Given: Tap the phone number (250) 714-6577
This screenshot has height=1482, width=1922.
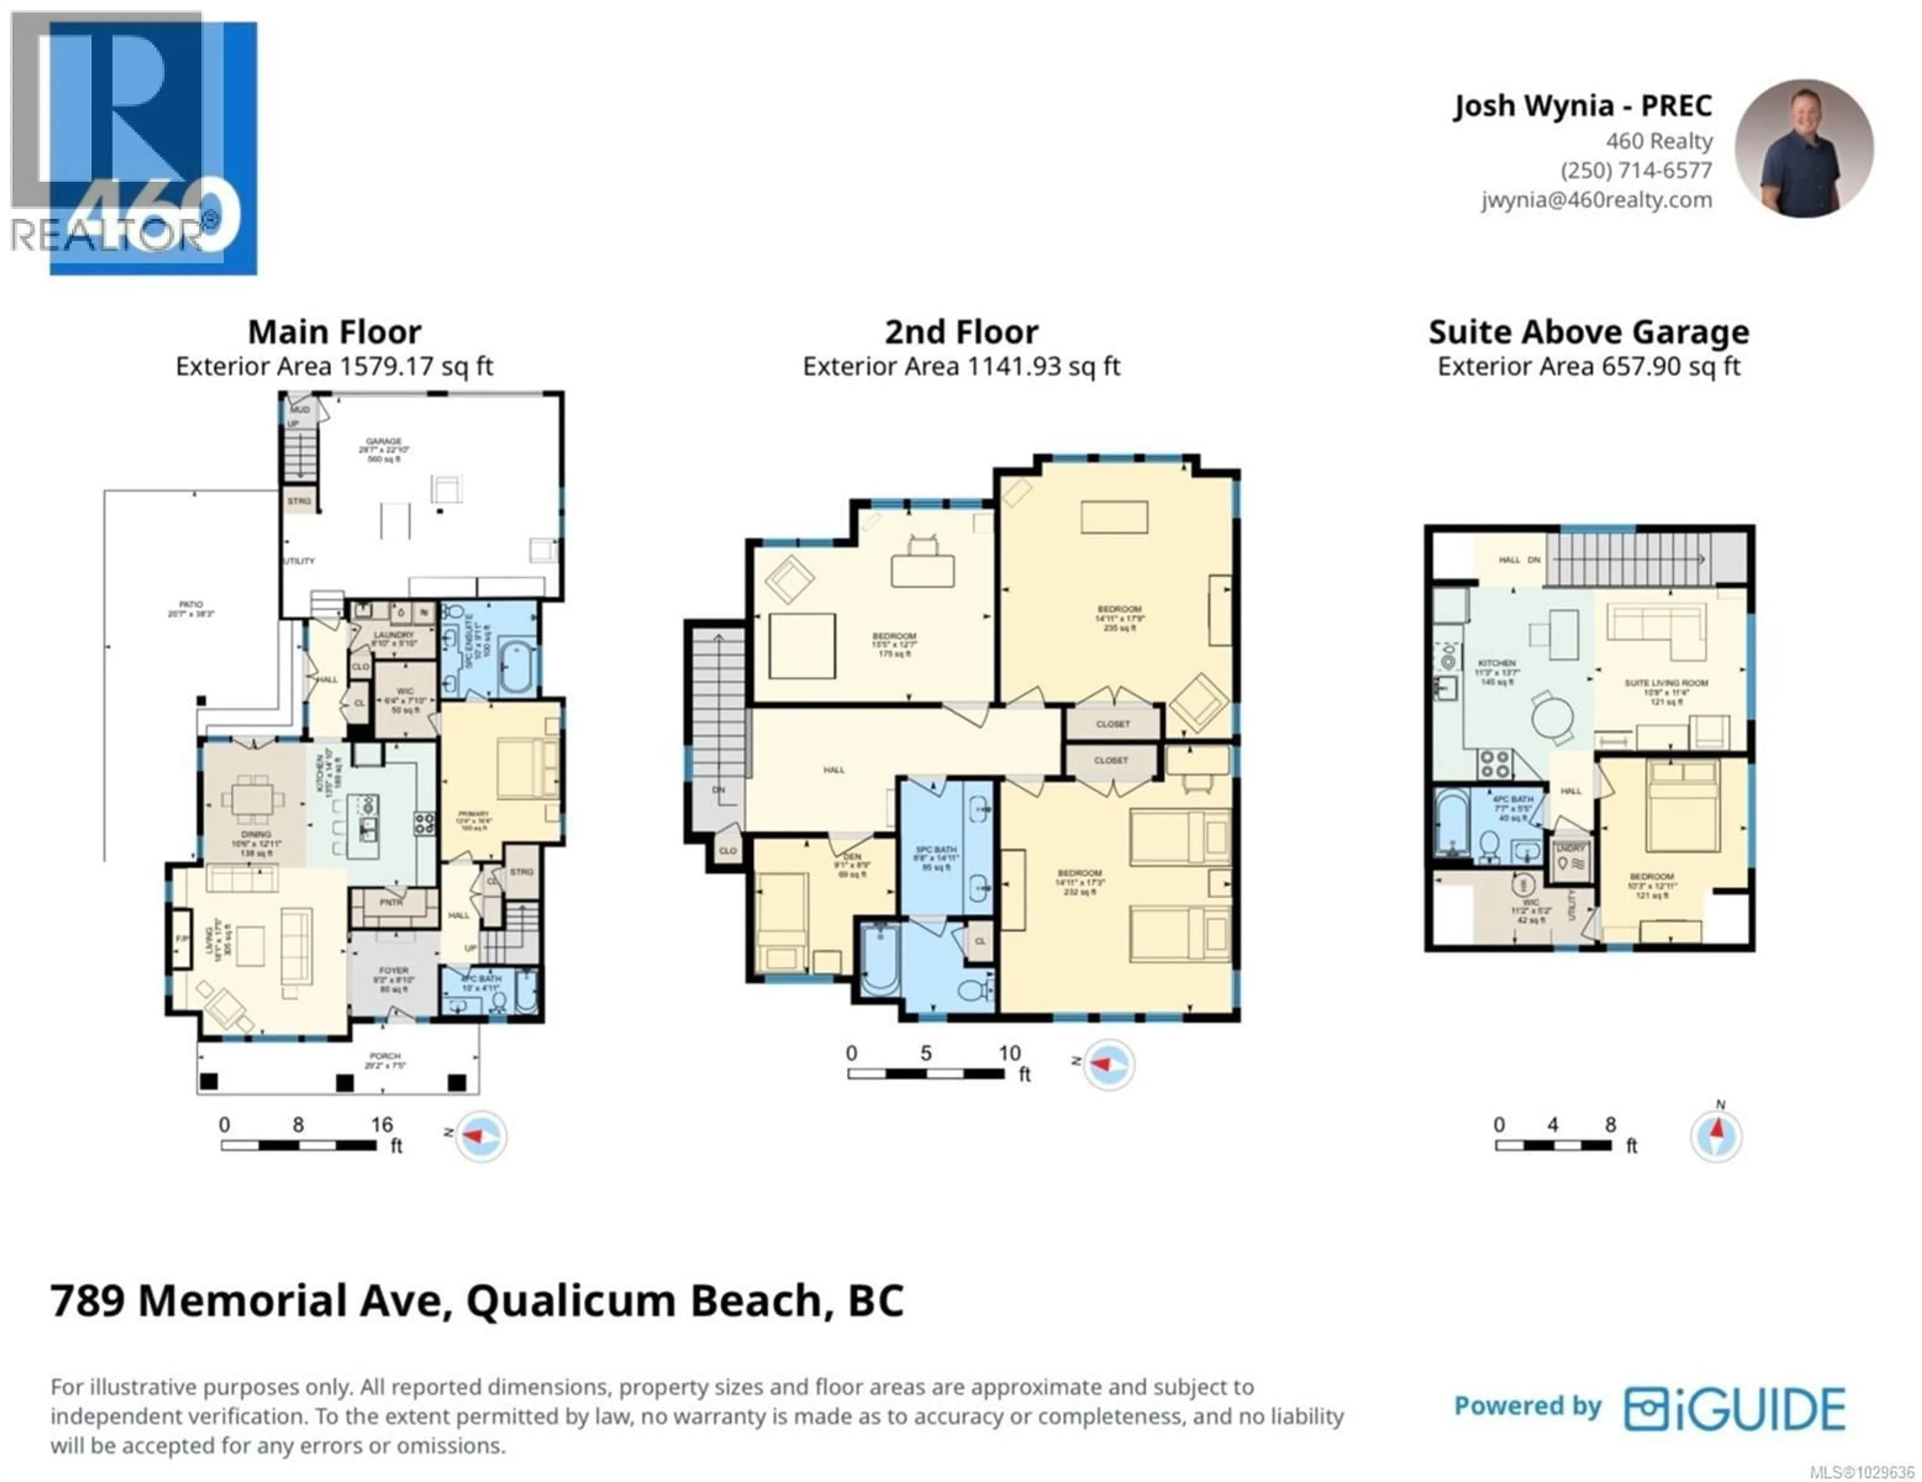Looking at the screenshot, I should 1636,171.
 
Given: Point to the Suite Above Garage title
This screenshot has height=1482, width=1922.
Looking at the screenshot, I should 1589,332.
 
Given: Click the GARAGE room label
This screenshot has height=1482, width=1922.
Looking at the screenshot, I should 384,442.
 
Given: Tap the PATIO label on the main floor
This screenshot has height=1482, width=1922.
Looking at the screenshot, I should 191,605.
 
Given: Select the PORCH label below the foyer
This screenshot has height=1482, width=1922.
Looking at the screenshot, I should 384,1056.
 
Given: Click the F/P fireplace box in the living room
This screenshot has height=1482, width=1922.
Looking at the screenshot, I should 181,939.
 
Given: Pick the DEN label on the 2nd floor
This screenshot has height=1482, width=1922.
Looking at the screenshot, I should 852,856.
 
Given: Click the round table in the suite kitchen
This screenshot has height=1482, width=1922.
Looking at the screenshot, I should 1552,716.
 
